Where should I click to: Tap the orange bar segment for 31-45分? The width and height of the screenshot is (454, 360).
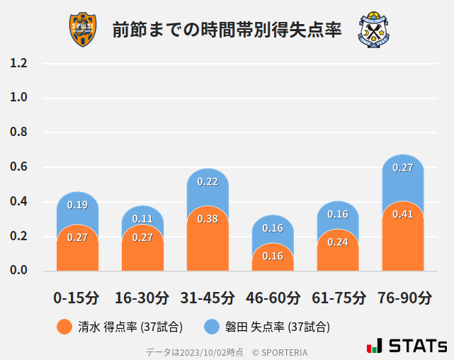click(x=208, y=241)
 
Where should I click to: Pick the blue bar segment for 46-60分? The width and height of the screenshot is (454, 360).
click(x=273, y=230)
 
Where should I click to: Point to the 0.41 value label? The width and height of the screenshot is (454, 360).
click(x=402, y=214)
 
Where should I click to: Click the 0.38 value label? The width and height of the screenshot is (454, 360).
click(x=208, y=219)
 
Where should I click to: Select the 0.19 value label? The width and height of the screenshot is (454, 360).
click(x=77, y=205)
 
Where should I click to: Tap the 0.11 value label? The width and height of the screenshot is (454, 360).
click(x=142, y=219)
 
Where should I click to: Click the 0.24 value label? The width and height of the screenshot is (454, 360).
click(x=338, y=242)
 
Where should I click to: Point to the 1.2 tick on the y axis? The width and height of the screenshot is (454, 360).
click(x=19, y=63)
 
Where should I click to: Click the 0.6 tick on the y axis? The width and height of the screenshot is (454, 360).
click(x=19, y=167)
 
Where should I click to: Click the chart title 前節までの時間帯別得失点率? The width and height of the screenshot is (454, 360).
click(x=227, y=30)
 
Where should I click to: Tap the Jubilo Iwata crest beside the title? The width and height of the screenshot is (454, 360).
click(x=375, y=30)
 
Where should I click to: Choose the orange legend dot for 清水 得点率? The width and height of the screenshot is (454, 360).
click(x=64, y=327)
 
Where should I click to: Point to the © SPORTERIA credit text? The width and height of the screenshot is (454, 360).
click(x=280, y=351)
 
